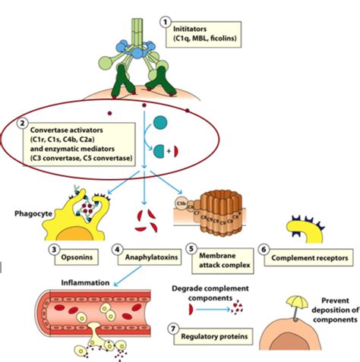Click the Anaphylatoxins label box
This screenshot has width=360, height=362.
click(x=145, y=257)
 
